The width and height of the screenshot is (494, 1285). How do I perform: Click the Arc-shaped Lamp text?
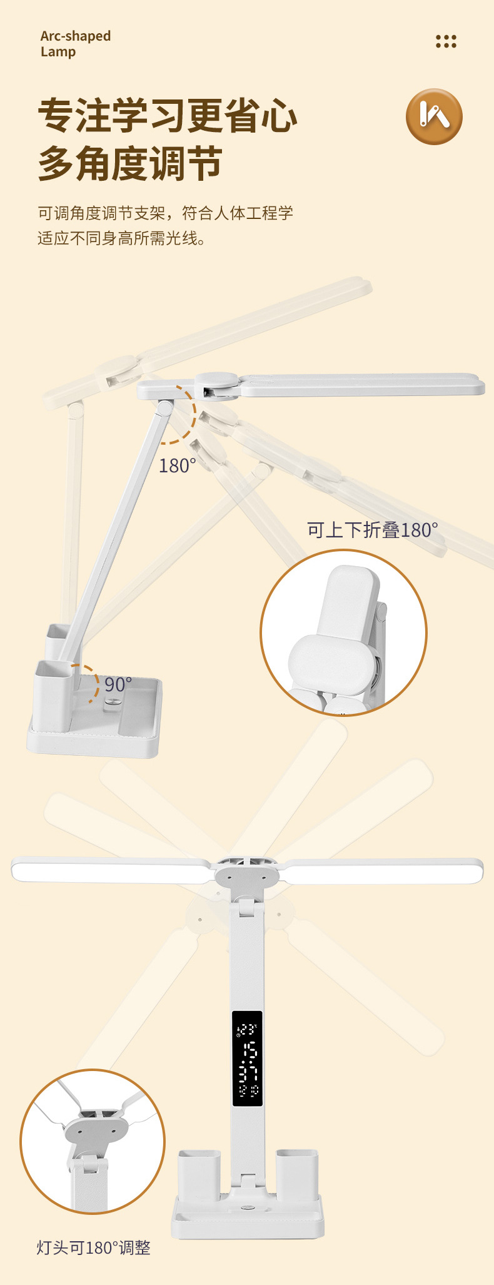click(x=75, y=44)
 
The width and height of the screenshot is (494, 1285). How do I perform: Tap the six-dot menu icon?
click(x=446, y=41)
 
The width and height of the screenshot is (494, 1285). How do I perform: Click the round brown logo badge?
click(x=434, y=116)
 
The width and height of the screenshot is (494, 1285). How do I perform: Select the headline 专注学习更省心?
click(x=168, y=116)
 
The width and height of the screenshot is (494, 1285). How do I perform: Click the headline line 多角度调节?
click(x=130, y=164)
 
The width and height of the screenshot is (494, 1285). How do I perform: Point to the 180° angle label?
click(x=177, y=466)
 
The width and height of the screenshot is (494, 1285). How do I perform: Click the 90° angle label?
click(x=118, y=684)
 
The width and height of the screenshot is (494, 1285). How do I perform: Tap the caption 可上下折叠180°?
click(x=372, y=531)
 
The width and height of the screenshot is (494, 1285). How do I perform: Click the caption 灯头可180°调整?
click(x=93, y=1247)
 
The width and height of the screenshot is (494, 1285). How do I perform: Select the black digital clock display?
click(x=247, y=1058)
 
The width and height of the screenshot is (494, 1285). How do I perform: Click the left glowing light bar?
click(x=111, y=870)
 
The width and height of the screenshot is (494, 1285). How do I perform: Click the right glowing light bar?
click(x=381, y=870)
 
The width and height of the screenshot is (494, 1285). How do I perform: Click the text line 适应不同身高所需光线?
click(x=121, y=238)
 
